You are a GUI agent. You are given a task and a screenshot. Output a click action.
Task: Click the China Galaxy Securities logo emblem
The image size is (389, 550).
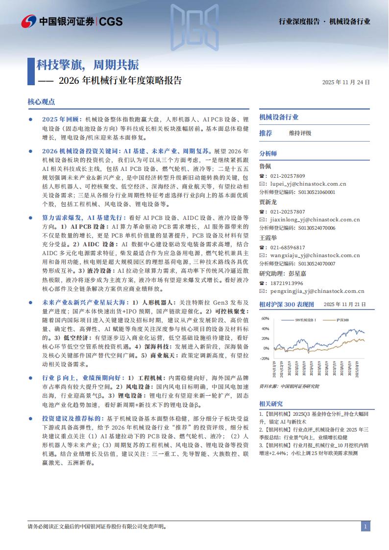tap(28, 21)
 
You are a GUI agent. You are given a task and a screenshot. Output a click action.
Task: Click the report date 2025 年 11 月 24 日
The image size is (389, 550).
tap(346, 82)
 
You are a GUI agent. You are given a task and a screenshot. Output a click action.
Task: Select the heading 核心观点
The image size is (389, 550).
tap(41, 102)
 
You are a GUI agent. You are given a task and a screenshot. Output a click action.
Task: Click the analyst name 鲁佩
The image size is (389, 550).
tap(265, 166)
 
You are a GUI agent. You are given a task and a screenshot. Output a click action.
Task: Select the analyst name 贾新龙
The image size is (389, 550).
tap(267, 202)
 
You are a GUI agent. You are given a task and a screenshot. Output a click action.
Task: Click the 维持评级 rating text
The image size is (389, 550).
tap(300, 133)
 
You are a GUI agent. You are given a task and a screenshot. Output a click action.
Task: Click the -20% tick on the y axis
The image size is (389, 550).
tap(265, 358)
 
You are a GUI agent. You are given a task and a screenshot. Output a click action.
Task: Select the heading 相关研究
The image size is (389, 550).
tap(271, 404)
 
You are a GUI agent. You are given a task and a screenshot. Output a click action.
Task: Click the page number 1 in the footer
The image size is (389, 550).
tap(365, 526)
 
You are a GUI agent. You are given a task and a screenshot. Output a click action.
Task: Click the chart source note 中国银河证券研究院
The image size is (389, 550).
tap(299, 386)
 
